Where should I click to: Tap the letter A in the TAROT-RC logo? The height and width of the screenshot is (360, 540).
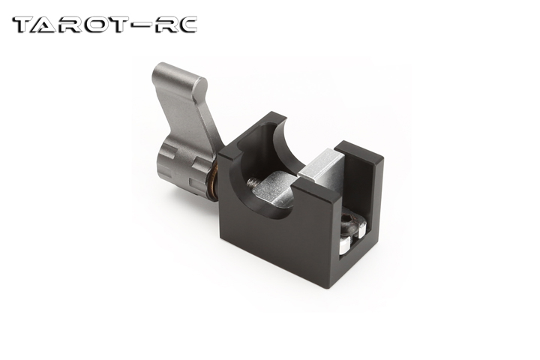(44, 25)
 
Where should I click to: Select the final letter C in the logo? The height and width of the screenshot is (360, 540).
(186, 25)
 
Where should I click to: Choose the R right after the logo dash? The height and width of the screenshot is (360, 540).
(163, 25)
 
